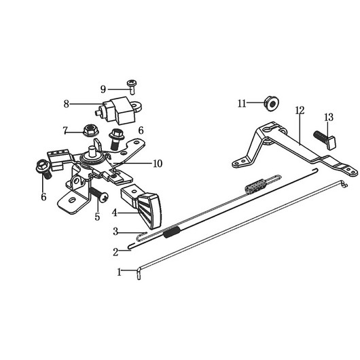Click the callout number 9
(103, 89)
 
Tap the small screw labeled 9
(132, 86)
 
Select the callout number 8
(67, 104)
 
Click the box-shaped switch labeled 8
(118, 110)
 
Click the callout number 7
(65, 131)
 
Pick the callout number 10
(158, 164)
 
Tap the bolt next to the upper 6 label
(117, 138)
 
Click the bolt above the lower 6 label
(44, 169)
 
